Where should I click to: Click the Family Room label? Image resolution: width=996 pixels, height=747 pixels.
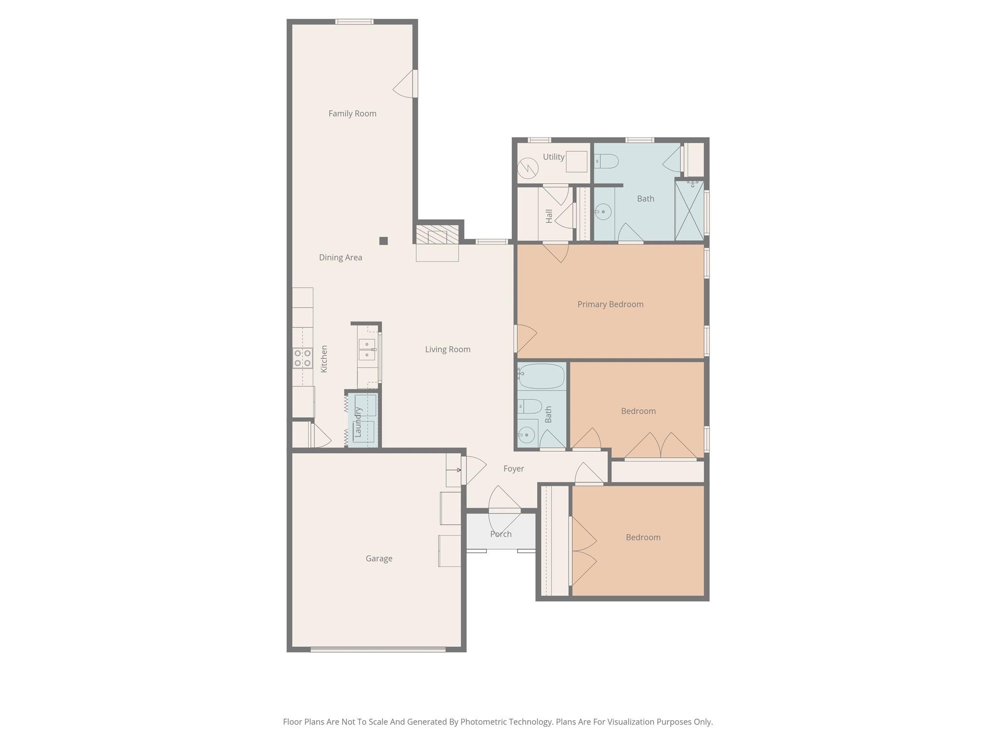pyautogui.click(x=352, y=114)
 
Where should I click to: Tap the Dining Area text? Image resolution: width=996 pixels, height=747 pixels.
pyautogui.click(x=340, y=258)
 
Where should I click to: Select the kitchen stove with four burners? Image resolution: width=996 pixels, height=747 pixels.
pyautogui.click(x=302, y=358)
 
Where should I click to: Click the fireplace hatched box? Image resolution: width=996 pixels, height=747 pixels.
pyautogui.click(x=437, y=234)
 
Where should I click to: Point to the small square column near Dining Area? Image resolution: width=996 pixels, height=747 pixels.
pyautogui.click(x=383, y=241)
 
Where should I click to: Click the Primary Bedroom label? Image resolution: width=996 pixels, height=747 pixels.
pyautogui.click(x=610, y=304)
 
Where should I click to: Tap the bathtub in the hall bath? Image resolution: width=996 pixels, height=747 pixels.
pyautogui.click(x=541, y=376)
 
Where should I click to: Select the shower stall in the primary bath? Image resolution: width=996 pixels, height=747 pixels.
pyautogui.click(x=689, y=211)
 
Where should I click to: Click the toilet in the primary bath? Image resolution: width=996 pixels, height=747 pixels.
pyautogui.click(x=606, y=161)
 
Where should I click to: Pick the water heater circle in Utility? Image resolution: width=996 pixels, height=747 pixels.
pyautogui.click(x=528, y=169)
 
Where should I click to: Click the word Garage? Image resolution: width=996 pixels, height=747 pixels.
pyautogui.click(x=379, y=559)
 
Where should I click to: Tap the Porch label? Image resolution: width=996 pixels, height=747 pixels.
pyautogui.click(x=500, y=534)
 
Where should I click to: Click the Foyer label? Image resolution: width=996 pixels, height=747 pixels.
pyautogui.click(x=514, y=469)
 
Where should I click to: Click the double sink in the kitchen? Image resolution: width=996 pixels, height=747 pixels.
pyautogui.click(x=367, y=350)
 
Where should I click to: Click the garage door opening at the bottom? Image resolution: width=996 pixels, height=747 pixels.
pyautogui.click(x=378, y=649)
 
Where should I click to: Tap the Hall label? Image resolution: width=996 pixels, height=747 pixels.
pyautogui.click(x=549, y=216)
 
